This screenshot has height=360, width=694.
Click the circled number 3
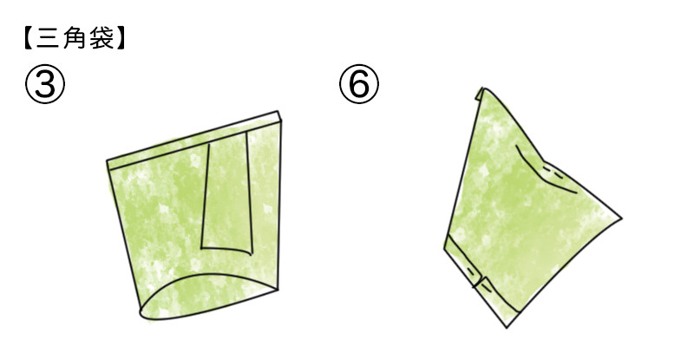(45, 84)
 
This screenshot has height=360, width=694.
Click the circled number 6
(359, 84)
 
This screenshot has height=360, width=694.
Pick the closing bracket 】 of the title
(121, 39)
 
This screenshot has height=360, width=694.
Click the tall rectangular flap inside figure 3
(227, 193)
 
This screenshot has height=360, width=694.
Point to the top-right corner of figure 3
(278, 111)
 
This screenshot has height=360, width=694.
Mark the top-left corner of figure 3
(107, 160)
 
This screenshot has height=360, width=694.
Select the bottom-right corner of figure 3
(278, 290)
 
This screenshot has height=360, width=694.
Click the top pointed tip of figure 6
(483, 88)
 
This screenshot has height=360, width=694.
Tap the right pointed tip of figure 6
(621, 218)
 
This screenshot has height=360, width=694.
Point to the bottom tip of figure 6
(507, 327)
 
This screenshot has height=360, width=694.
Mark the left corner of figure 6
(444, 249)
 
